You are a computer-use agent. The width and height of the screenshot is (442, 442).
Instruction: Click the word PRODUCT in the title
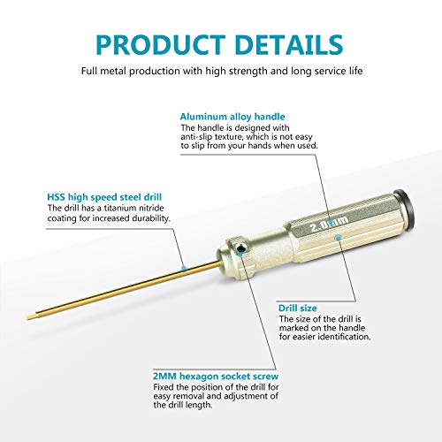[x=161, y=44]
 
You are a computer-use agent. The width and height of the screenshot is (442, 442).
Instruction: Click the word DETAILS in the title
[x=289, y=44]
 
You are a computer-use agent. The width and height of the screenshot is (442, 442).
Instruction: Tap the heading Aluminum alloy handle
[x=232, y=117]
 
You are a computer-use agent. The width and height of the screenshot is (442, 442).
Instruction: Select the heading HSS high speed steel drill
[x=104, y=197]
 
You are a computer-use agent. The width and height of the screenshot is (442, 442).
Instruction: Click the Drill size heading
[x=298, y=308]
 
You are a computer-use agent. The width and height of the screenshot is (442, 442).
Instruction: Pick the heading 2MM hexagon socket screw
[x=216, y=377]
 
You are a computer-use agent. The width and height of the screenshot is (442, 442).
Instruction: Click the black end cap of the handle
[x=406, y=207]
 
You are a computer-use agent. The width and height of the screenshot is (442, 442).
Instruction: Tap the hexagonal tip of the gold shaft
[x=31, y=316]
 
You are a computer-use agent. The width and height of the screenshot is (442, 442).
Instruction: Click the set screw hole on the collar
[x=241, y=249]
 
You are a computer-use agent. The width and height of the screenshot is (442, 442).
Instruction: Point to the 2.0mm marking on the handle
[x=329, y=224]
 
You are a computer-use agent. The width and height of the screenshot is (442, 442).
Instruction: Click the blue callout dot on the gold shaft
[x=184, y=269]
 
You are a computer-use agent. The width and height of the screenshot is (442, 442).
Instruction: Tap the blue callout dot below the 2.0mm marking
[x=339, y=238]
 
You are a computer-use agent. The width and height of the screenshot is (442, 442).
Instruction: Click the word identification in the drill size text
[x=344, y=337]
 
